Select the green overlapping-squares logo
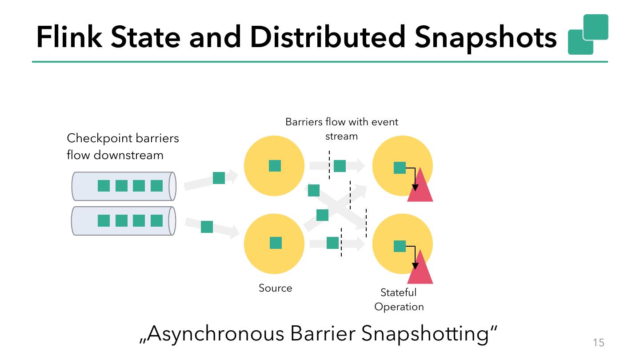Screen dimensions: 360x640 [588, 35]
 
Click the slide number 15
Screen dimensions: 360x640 [599, 343]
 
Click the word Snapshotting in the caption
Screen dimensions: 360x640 [429, 334]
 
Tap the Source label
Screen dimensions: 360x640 [276, 288]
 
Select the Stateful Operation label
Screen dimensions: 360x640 [399, 300]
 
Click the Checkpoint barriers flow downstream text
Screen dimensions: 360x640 [123, 146]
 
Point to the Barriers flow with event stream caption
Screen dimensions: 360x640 [342, 128]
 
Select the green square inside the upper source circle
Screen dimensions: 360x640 [275, 166]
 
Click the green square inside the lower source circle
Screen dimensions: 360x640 [276, 243]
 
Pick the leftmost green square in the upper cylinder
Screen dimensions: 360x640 [104, 186]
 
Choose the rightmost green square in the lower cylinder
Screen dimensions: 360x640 [156, 220]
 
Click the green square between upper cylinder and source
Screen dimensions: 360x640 [219, 178]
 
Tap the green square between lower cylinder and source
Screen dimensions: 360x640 [207, 227]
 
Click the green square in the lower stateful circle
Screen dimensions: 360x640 [400, 246]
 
